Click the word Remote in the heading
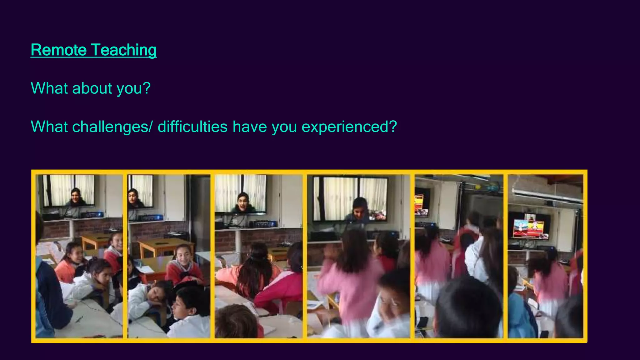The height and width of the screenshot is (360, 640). (59, 50)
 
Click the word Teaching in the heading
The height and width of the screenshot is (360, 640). (124, 50)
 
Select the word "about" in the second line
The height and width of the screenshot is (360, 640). (92, 88)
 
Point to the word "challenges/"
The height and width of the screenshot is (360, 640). (112, 127)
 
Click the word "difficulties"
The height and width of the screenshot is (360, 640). (192, 127)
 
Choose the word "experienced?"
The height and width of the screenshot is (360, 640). (349, 127)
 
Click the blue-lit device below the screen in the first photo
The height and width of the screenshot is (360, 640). (92, 215)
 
